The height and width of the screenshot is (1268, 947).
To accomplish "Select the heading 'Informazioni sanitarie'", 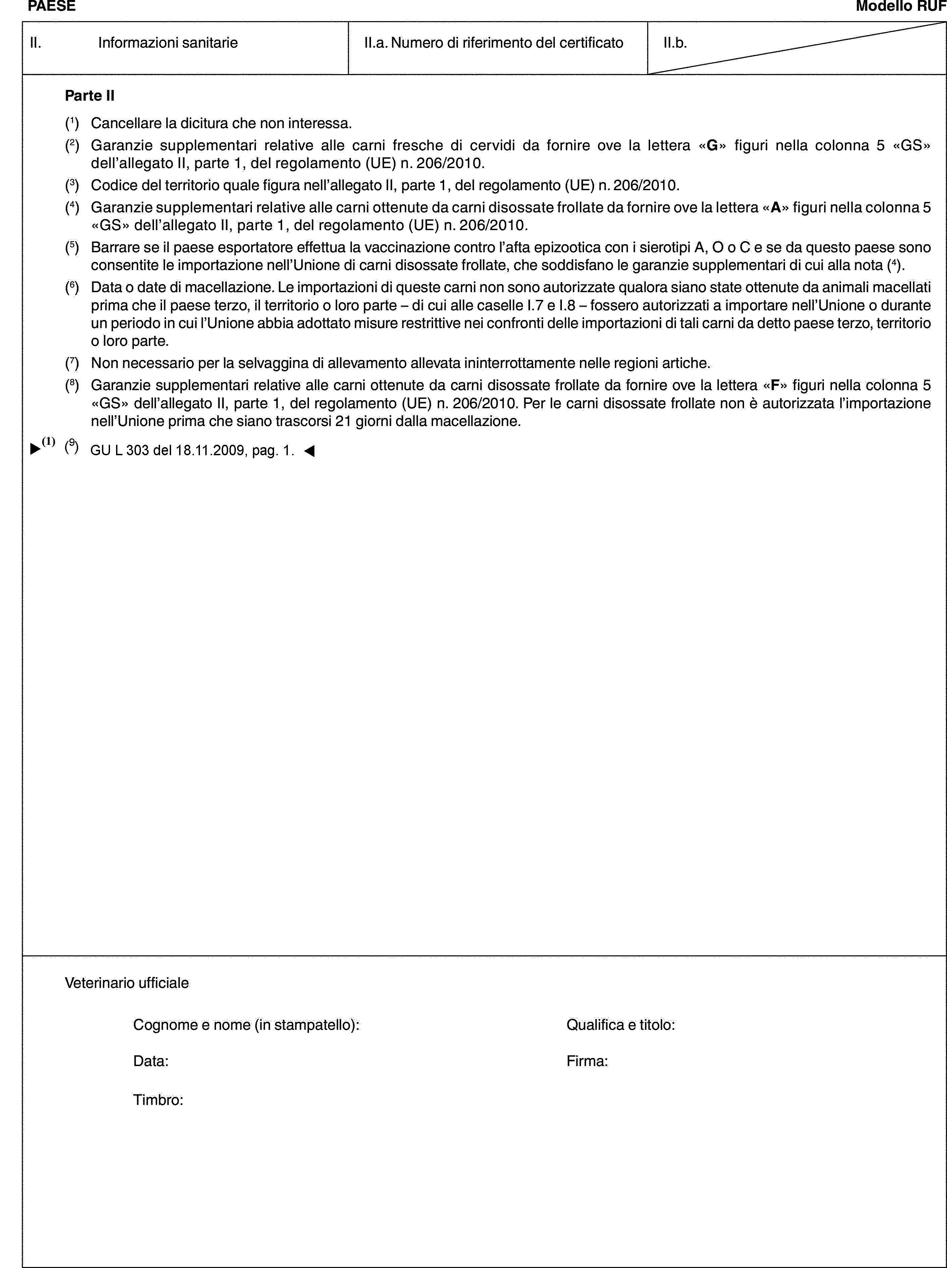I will point(168,42).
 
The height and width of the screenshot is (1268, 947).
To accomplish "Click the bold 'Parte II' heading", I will point(90,96).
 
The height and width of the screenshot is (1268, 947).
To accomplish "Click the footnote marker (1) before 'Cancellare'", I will point(72,123).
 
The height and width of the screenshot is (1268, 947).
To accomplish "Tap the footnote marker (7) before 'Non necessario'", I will point(72,363).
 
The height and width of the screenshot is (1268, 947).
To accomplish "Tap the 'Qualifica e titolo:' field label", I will point(620,1024).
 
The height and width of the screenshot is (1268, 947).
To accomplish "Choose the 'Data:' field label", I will point(151,1061).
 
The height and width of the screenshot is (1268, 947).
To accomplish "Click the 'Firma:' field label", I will point(587,1061).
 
